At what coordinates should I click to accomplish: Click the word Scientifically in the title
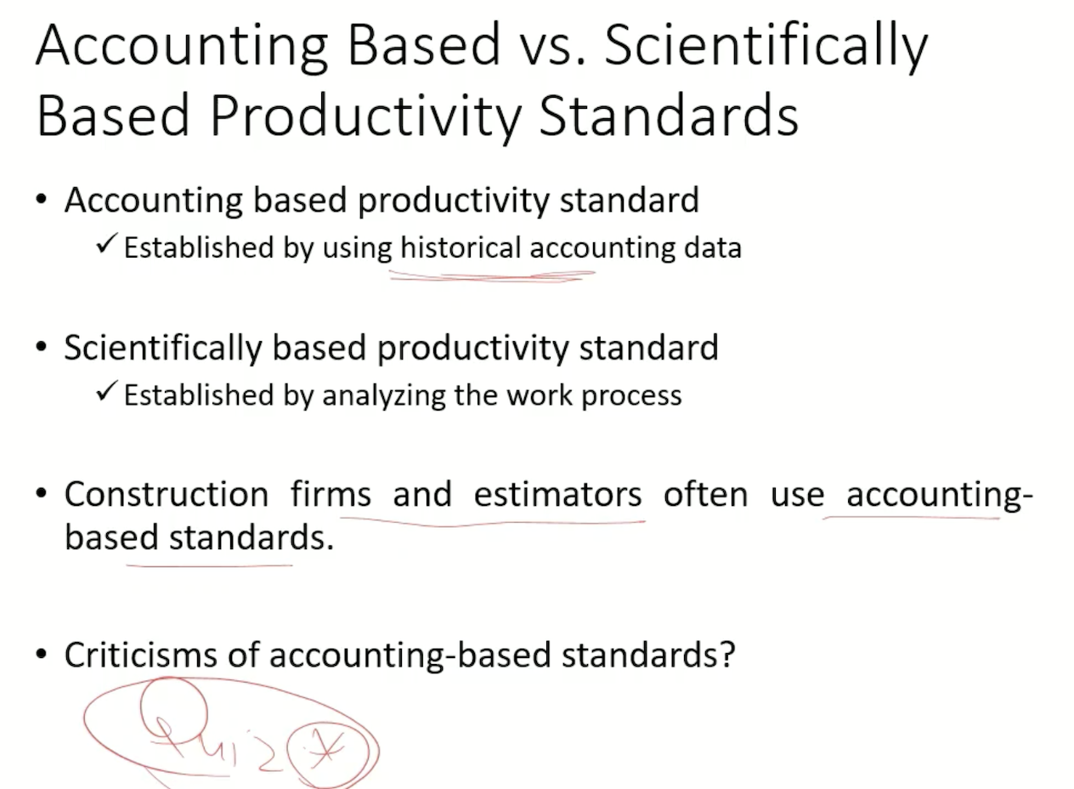click(766, 46)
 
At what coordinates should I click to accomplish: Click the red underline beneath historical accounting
click(493, 275)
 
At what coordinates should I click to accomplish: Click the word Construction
click(167, 494)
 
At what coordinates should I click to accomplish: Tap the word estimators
click(557, 494)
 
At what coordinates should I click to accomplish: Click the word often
click(705, 494)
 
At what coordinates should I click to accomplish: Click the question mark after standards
click(726, 655)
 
